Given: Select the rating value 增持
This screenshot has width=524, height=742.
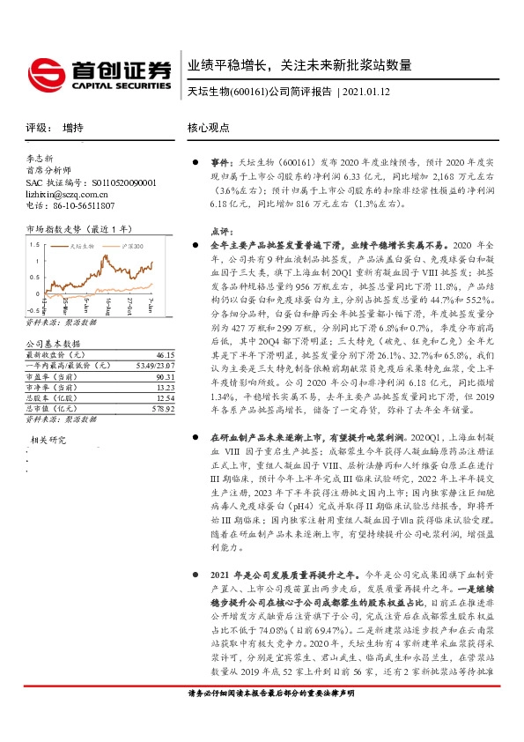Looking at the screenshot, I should pyautogui.click(x=73, y=128).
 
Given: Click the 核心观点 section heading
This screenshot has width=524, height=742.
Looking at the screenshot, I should pyautogui.click(x=208, y=128).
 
